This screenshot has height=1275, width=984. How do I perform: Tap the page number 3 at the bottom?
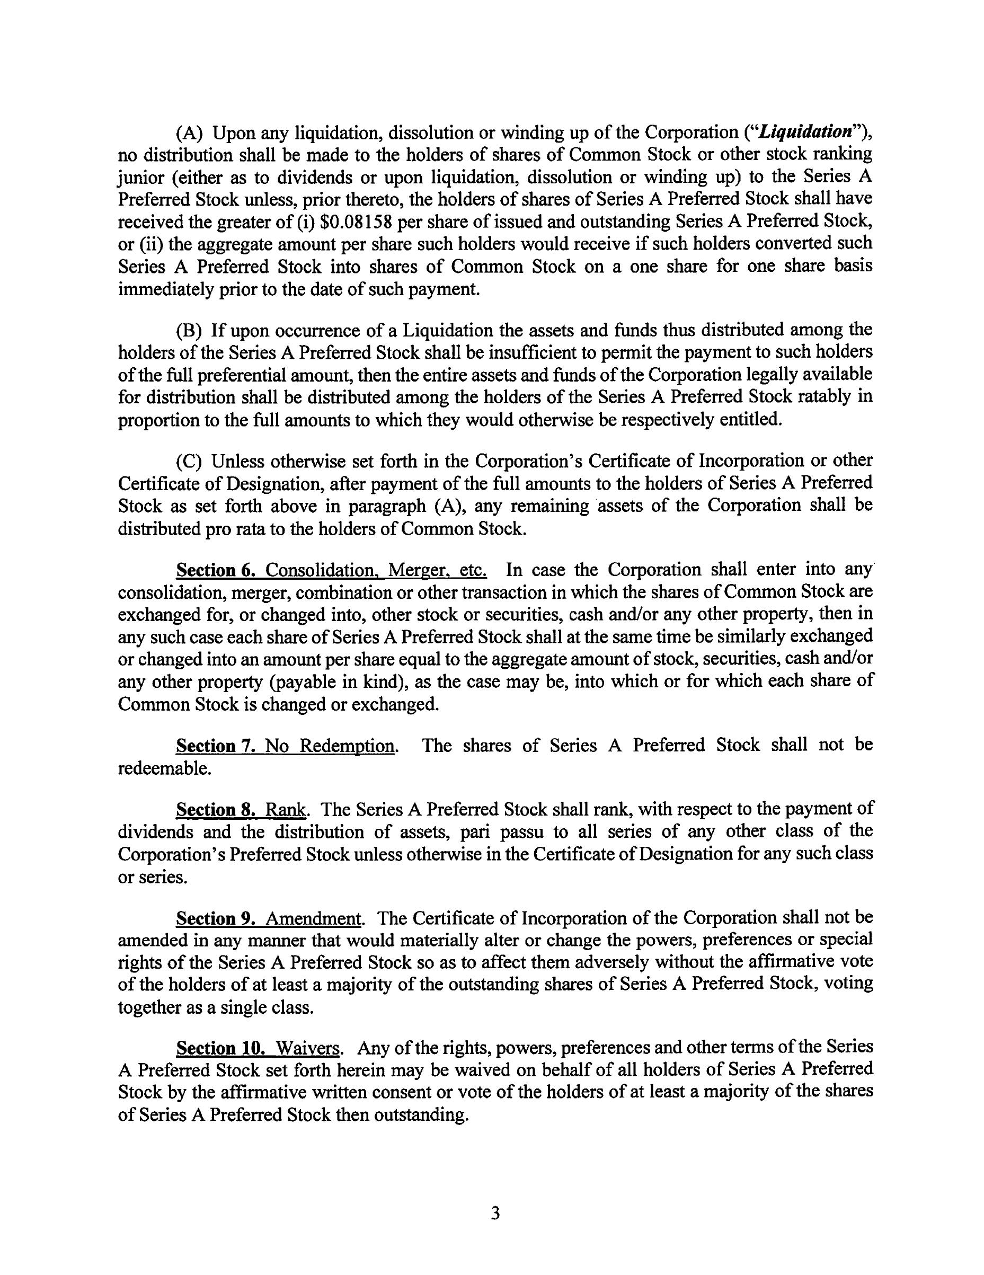pos(495,1214)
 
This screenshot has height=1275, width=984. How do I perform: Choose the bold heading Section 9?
pos(215,919)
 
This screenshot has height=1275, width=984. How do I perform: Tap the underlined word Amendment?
pos(313,919)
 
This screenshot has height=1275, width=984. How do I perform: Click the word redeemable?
pos(164,769)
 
